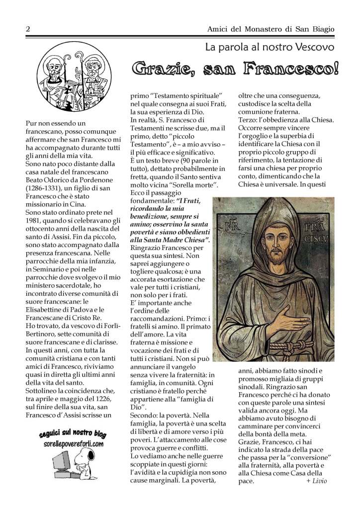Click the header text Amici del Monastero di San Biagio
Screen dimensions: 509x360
(x=270, y=30)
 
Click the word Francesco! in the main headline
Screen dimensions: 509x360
(x=289, y=69)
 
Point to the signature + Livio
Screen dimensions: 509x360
(x=317, y=481)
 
